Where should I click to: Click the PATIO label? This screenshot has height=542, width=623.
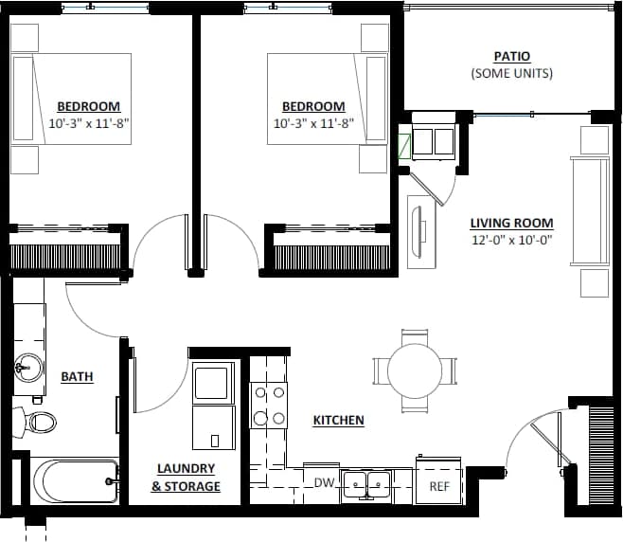point(511,57)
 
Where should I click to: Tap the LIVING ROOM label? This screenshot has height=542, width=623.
point(511,224)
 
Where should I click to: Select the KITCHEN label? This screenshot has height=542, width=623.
point(338,420)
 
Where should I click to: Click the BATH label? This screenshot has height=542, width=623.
point(77,376)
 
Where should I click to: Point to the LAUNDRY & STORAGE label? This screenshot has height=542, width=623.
point(186,478)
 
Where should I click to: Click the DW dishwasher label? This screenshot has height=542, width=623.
point(325,483)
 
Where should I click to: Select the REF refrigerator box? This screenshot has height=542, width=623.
point(439,485)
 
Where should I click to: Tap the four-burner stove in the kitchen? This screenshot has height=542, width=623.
point(268,405)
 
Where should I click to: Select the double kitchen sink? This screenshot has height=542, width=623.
point(368,483)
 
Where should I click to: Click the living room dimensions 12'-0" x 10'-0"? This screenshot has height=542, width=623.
point(511,240)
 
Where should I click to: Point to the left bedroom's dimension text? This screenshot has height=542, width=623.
point(88,123)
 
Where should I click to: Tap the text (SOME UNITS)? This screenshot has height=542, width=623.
point(511,74)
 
